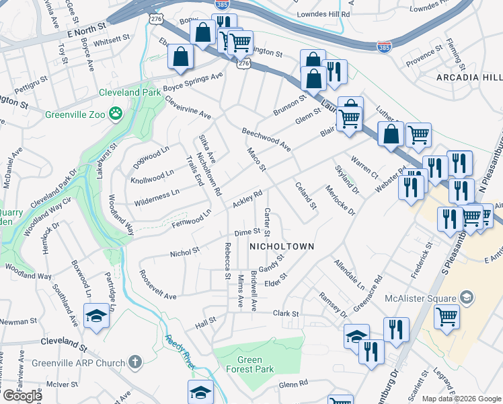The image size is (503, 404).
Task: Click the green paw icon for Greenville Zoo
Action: pyautogui.click(x=116, y=114)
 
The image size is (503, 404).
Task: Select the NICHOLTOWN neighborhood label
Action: pyautogui.click(x=282, y=247)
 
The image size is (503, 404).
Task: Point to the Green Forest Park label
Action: pyautogui.click(x=249, y=364)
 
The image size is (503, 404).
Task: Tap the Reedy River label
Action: pyautogui.click(x=180, y=351)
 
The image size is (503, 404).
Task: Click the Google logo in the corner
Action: pyautogui.click(x=22, y=396)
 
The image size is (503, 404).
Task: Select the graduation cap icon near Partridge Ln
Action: pyautogui.click(x=96, y=315)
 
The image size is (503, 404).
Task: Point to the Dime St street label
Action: pyautogui.click(x=247, y=232)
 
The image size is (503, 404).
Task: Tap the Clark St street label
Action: pyautogui.click(x=285, y=314)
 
